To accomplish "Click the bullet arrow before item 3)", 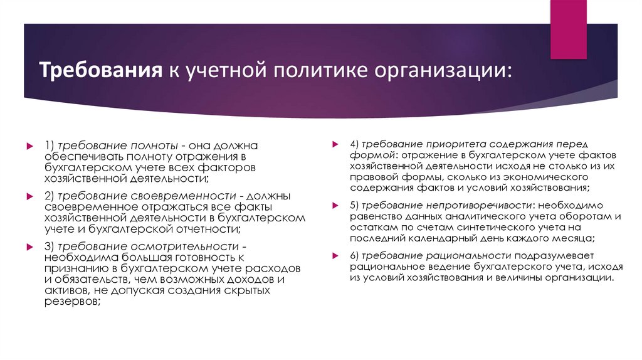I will click(29, 246).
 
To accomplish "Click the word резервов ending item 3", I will click(71, 302).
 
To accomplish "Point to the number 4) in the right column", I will click(355, 144).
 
